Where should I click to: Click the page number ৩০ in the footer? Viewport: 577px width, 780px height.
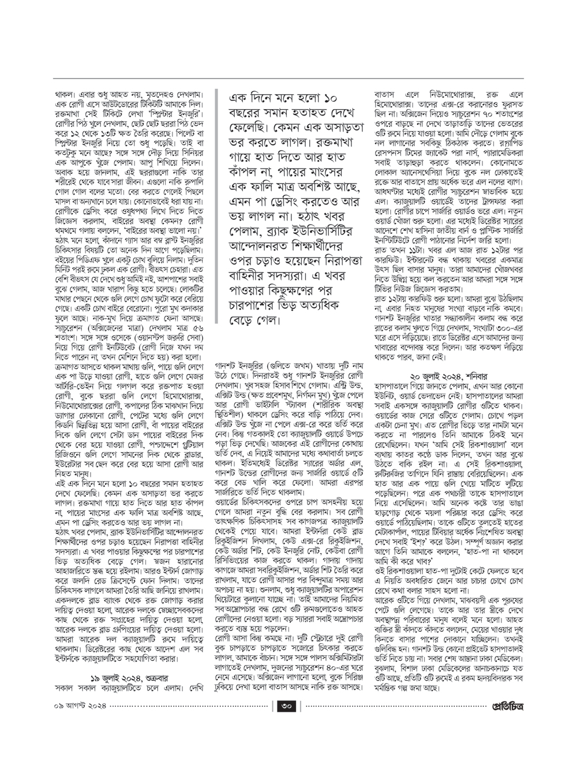288,706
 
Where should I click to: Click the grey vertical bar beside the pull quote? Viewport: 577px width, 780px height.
217,208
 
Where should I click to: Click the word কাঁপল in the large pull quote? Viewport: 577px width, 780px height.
246,172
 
